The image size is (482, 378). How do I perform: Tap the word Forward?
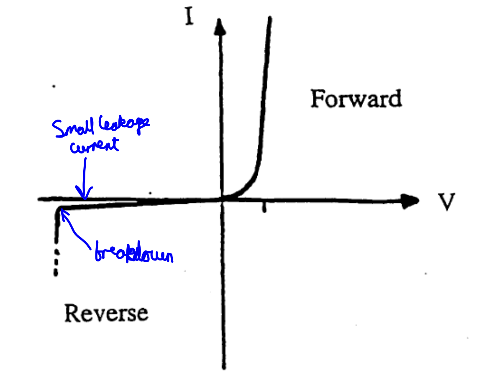[356, 100]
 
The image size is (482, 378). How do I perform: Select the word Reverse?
[106, 313]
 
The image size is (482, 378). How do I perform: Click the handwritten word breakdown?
[133, 253]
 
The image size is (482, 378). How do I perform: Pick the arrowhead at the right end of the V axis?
[412, 200]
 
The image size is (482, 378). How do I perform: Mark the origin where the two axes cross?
[222, 199]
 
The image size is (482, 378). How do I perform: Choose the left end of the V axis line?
[39, 199]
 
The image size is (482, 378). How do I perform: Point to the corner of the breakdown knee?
[58, 210]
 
